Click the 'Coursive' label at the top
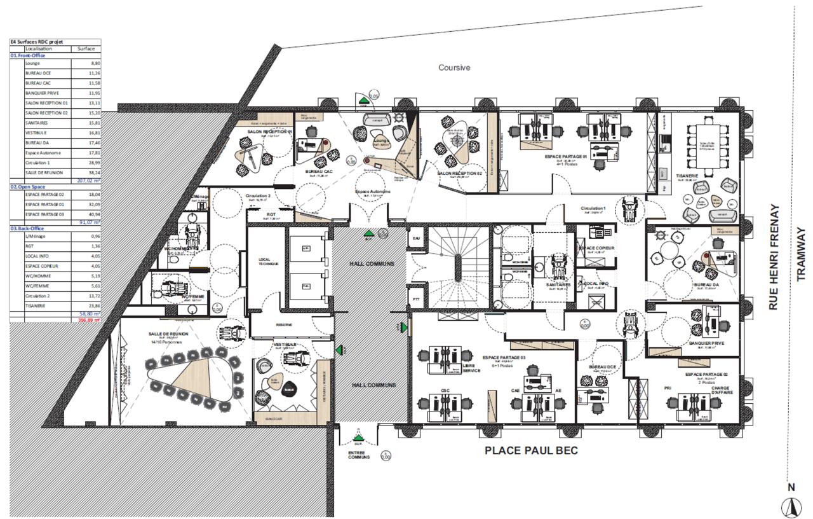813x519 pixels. (x=454, y=67)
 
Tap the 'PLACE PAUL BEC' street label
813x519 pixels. (x=531, y=450)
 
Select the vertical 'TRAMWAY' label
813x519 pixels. (x=800, y=254)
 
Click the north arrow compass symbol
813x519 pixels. (x=791, y=507)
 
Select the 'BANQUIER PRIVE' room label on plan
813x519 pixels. (x=707, y=343)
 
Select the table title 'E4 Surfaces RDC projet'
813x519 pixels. (x=36, y=42)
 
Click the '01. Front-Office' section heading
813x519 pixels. (x=27, y=55)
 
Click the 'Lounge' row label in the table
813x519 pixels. (x=32, y=64)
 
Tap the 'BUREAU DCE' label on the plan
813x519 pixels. (x=599, y=368)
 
